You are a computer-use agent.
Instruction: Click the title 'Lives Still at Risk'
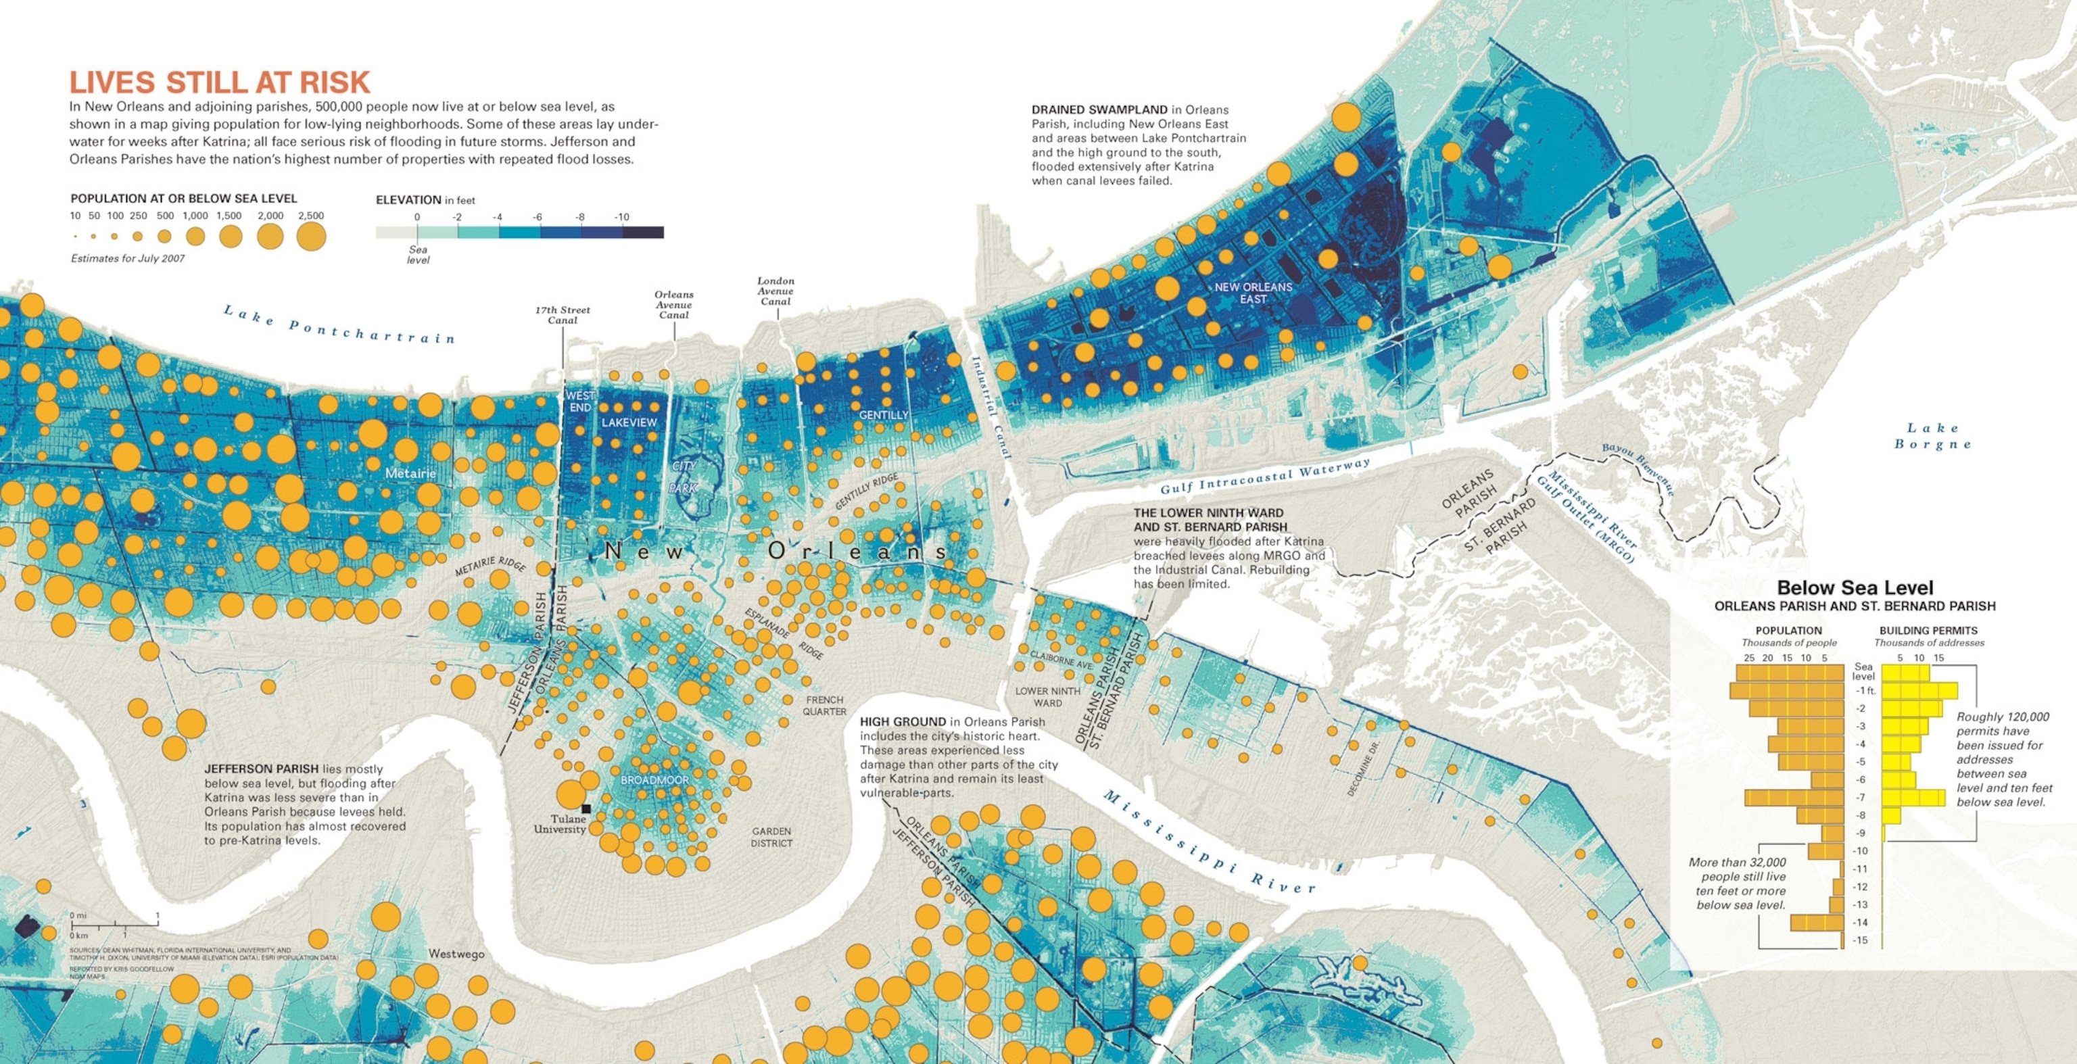[219, 82]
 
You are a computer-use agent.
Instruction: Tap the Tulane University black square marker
[586, 808]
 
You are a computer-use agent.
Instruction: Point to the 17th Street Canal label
[562, 315]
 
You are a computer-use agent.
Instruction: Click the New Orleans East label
[1253, 293]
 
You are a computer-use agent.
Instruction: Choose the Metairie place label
[410, 473]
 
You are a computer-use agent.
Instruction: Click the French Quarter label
[824, 705]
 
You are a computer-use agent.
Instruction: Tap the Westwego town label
[456, 954]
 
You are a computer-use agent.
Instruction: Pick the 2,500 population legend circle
[311, 237]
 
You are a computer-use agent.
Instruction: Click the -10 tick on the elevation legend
[621, 218]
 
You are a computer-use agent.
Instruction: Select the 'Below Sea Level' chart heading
[1855, 587]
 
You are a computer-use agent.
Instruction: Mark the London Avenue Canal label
[775, 291]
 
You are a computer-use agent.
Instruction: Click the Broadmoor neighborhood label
[654, 780]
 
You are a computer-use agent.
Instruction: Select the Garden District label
[771, 837]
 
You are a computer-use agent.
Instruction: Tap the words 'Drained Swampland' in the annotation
[1099, 110]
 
